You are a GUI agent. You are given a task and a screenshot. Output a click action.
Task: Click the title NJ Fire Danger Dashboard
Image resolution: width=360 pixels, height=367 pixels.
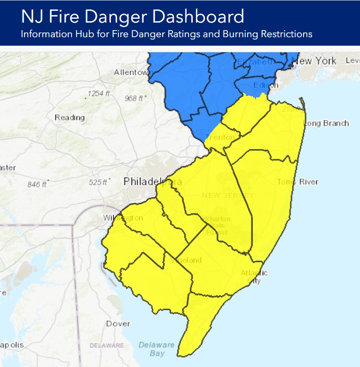click(x=133, y=17)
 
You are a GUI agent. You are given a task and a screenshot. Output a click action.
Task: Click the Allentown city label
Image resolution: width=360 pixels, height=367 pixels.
click(x=131, y=72)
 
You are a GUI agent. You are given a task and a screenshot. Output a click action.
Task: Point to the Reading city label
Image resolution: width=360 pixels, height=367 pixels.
click(x=70, y=117)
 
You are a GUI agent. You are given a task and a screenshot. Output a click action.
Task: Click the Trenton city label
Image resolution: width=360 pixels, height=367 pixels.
click(x=222, y=137)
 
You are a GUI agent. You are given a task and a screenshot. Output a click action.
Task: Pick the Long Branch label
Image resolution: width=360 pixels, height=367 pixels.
click(x=327, y=123)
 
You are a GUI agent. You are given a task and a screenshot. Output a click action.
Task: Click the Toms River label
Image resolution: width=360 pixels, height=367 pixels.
click(x=297, y=182)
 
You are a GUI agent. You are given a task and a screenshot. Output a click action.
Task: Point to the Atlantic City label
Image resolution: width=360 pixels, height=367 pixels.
click(x=254, y=277)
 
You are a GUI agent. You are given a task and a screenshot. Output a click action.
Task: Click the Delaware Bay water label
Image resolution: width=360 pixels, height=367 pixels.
click(x=157, y=349)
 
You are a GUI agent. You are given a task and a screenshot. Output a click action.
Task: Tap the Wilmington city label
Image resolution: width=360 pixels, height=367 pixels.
click(x=123, y=218)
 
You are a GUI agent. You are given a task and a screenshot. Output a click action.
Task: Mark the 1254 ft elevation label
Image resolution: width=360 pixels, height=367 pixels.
click(x=98, y=94)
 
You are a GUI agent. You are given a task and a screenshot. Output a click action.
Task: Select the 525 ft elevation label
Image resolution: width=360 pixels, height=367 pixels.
click(x=99, y=182)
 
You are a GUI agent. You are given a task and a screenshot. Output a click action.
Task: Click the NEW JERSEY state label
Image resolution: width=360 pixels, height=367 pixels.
click(x=228, y=195)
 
